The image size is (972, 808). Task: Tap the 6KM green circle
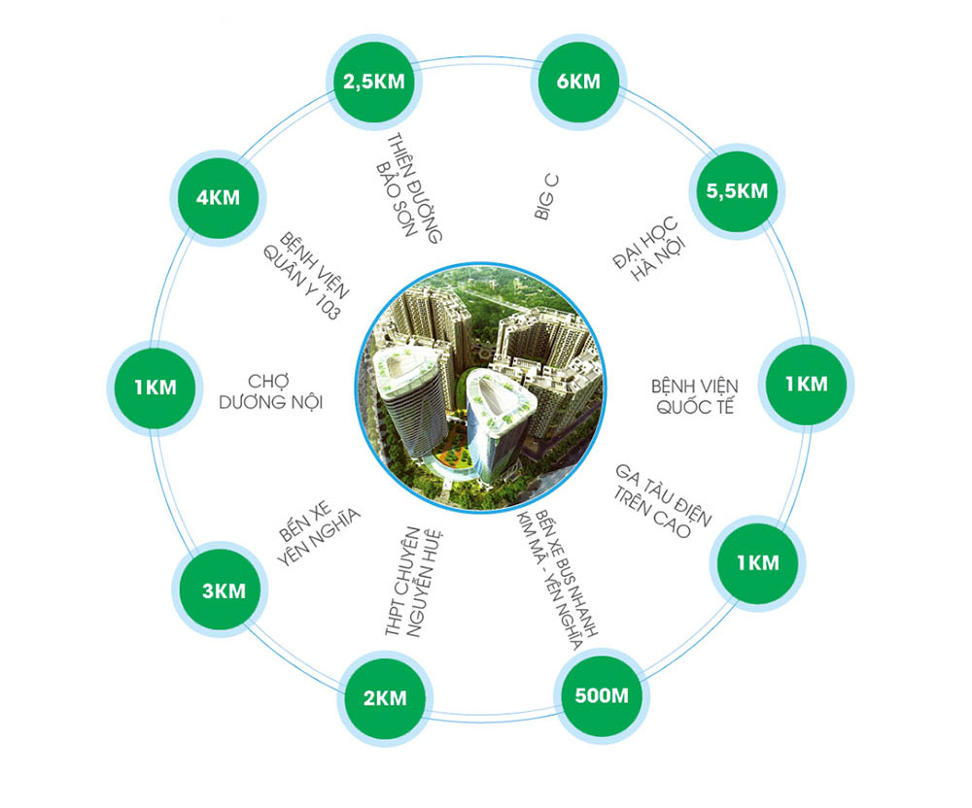click(x=579, y=81)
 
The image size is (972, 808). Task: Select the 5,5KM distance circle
click(x=731, y=190)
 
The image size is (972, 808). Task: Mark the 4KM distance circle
click(x=217, y=198)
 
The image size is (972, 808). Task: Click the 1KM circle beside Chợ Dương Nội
click(x=156, y=386)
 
